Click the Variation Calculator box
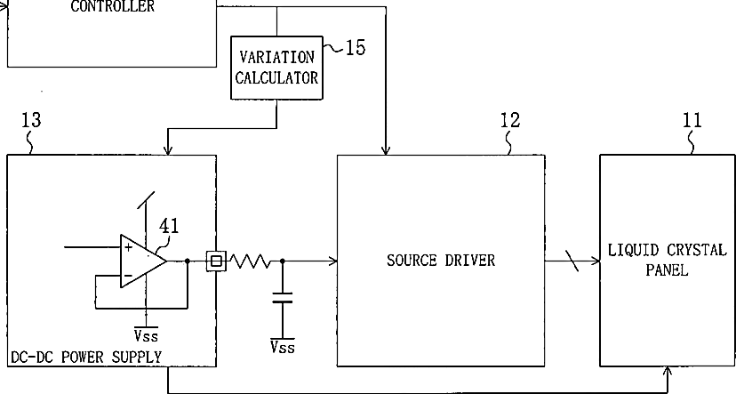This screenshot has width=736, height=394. [276, 68]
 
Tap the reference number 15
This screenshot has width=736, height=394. [356, 47]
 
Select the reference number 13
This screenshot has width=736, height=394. [31, 120]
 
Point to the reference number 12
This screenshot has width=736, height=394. [510, 120]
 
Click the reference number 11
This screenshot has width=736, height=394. [692, 120]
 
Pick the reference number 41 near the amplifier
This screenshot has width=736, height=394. [169, 226]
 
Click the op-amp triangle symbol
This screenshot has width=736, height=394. [144, 261]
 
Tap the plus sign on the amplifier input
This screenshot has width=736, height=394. [128, 247]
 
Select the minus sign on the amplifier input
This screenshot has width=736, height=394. [128, 276]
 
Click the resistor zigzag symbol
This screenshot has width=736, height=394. [250, 261]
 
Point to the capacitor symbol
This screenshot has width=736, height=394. [282, 298]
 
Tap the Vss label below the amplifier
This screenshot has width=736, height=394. [146, 334]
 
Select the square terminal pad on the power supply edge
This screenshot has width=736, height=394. [216, 261]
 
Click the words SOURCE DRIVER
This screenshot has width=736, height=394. [441, 261]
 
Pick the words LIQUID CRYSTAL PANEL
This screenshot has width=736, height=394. [667, 260]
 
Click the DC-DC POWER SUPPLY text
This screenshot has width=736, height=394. [86, 358]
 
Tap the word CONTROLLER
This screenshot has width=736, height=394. [113, 6]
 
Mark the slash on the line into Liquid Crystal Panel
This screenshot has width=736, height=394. [572, 261]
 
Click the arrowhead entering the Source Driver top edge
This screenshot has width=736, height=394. [386, 150]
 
